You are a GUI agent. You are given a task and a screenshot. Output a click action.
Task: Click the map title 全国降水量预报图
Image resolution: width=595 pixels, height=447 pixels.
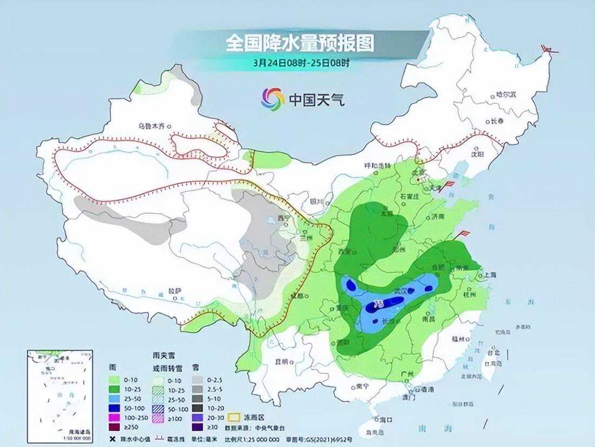300,43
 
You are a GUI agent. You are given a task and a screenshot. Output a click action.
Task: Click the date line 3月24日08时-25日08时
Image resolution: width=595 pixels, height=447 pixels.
301,63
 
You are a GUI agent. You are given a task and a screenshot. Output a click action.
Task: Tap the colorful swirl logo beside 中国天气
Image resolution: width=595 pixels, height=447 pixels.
273,98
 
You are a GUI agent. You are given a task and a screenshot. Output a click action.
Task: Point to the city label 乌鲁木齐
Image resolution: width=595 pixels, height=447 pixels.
151,126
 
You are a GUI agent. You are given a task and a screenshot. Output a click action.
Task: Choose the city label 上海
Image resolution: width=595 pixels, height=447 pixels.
491,274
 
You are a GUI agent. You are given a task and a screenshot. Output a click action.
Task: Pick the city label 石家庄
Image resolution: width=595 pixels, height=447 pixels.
409,196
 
